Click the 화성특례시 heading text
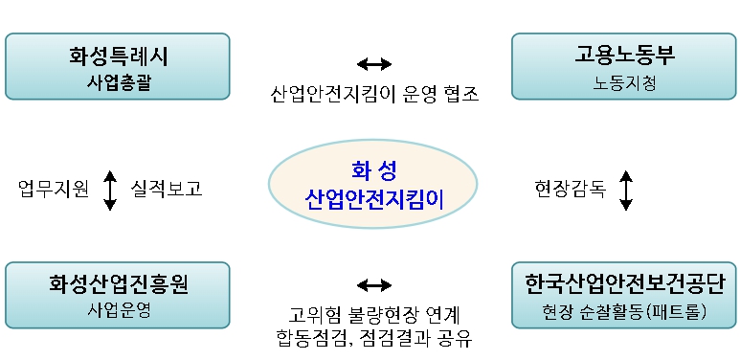(118, 56)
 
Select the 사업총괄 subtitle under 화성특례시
(118, 82)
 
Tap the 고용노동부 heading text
(625, 56)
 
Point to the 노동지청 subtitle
(625, 82)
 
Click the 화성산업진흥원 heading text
(118, 284)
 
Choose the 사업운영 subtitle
(118, 310)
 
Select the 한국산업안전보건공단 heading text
(625, 283)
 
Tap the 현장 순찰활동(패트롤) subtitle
(625, 310)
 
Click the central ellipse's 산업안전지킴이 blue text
(374, 199)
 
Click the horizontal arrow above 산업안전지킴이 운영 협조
(374, 64)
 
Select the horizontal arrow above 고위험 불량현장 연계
(374, 284)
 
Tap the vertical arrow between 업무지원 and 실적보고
(110, 190)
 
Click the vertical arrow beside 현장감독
(626, 190)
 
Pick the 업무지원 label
(54, 190)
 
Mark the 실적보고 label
(167, 190)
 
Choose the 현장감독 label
(571, 190)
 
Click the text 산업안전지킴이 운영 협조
(374, 94)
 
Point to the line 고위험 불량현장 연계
(374, 314)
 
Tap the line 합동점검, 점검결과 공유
(374, 338)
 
